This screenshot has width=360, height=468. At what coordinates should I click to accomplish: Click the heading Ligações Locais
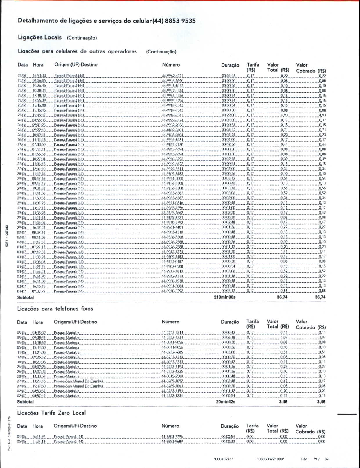click(40, 37)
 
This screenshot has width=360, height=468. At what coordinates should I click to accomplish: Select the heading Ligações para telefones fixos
click(55, 309)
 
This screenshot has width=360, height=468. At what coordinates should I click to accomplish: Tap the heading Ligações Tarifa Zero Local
click(51, 413)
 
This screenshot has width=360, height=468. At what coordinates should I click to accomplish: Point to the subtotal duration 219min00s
click(225, 297)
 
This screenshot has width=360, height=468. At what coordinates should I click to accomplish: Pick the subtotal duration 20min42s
click(226, 402)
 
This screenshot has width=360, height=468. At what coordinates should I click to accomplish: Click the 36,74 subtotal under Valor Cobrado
click(320, 297)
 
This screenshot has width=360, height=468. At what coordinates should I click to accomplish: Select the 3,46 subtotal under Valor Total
click(283, 402)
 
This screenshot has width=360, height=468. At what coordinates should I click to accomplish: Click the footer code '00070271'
click(223, 459)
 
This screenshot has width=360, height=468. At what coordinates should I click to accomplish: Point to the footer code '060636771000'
click(271, 459)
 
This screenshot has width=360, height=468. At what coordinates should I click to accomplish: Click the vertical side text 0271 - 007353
click(7, 236)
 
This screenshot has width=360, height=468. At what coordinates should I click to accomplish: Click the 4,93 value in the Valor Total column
click(284, 115)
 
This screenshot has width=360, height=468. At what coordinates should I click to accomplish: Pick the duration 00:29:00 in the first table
click(228, 115)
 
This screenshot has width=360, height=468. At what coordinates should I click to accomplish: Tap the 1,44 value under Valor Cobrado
click(322, 252)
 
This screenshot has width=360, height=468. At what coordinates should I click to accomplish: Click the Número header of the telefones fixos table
click(170, 322)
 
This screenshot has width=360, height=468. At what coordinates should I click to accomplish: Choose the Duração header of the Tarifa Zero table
click(230, 426)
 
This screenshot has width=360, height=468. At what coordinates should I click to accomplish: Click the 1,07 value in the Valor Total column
click(284, 338)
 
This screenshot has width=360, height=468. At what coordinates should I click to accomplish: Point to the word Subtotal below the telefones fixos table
click(25, 402)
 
